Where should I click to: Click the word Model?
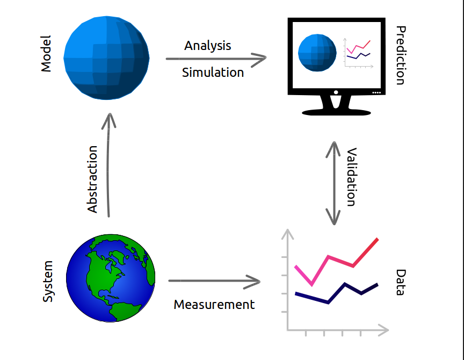(46, 54)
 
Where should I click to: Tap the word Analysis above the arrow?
(207, 46)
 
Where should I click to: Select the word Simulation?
(213, 72)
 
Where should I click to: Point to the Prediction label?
(400, 55)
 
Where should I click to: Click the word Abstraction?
(92, 179)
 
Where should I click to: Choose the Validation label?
(351, 177)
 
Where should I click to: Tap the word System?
(48, 281)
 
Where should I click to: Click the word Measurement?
(214, 305)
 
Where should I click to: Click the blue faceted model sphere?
(106, 56)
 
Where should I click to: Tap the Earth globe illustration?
(111, 278)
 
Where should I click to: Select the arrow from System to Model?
(109, 167)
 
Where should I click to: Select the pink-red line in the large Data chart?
(329, 257)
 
